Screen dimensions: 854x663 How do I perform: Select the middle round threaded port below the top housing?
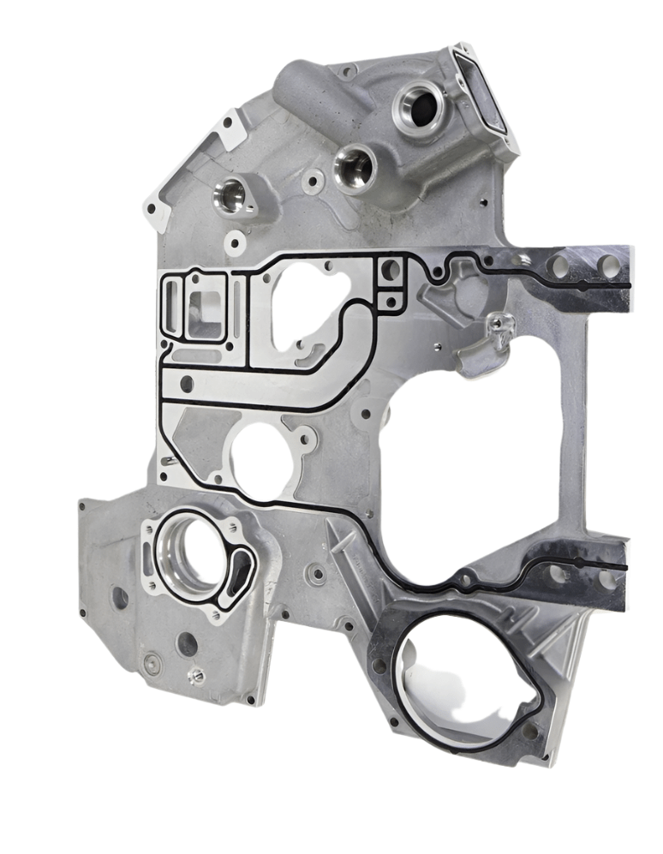(x=353, y=166)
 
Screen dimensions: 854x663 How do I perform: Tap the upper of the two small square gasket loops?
(x=390, y=270)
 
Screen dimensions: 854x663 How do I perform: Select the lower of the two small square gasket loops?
(x=391, y=301)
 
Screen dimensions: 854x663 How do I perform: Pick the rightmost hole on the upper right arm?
(x=608, y=264)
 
